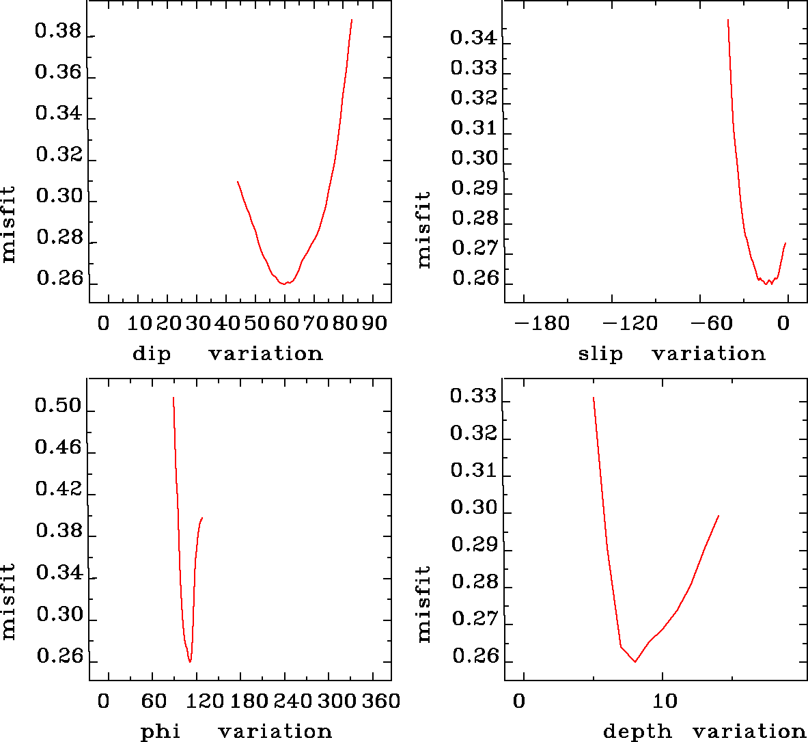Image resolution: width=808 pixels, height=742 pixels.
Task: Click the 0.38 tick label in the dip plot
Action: pyautogui.click(x=58, y=31)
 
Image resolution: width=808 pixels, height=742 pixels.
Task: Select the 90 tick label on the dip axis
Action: pyautogui.click(x=374, y=322)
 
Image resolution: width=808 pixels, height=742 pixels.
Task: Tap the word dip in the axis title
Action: pyautogui.click(x=152, y=354)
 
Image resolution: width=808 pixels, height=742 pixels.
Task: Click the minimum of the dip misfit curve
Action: pyautogui.click(x=285, y=283)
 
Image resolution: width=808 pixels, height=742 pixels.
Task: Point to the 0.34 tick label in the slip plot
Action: pyautogui.click(x=473, y=38)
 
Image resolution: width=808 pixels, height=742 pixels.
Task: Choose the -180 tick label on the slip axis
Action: pyautogui.click(x=541, y=322)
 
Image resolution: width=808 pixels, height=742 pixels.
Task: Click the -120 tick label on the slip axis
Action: pyautogui.click(x=629, y=322)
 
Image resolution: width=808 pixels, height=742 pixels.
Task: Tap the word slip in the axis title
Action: pyautogui.click(x=600, y=354)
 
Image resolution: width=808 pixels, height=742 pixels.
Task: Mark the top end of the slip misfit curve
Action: pyautogui.click(x=728, y=20)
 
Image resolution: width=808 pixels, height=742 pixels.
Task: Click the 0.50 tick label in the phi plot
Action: pyautogui.click(x=58, y=407)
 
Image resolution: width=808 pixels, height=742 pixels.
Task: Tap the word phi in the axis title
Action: pyautogui.click(x=161, y=732)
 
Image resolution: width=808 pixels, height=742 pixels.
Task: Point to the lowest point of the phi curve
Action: pyautogui.click(x=190, y=661)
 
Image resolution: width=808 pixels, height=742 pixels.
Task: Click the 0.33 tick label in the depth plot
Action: pyautogui.click(x=473, y=396)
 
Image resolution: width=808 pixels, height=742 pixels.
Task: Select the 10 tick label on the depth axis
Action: pyautogui.click(x=665, y=701)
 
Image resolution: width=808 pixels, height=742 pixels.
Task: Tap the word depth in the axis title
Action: pyautogui.click(x=637, y=732)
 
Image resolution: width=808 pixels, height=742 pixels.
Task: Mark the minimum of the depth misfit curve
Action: pyautogui.click(x=635, y=661)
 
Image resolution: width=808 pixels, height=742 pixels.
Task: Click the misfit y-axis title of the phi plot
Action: pyautogui.click(x=9, y=601)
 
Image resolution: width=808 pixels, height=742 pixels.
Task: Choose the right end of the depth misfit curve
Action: pyautogui.click(x=719, y=516)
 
